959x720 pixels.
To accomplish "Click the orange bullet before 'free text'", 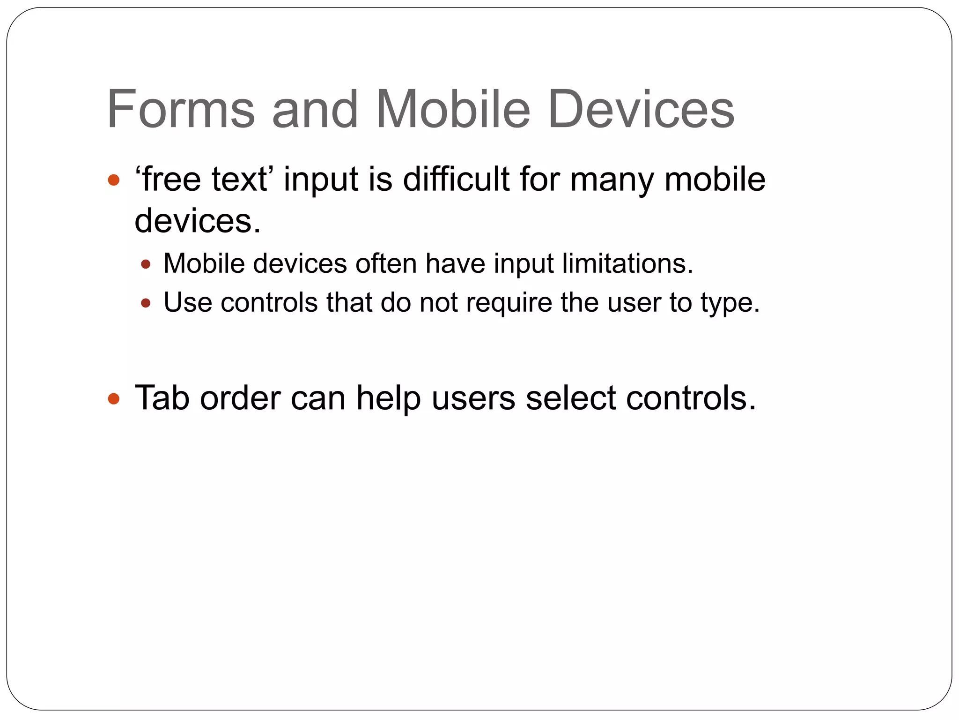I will click(114, 180).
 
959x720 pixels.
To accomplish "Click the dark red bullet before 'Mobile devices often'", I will click(146, 264).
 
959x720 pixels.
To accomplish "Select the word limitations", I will click(627, 263).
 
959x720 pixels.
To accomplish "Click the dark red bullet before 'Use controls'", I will click(146, 303).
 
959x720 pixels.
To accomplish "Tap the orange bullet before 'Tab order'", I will click(114, 399).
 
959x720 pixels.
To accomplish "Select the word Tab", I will click(162, 398).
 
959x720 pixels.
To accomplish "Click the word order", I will click(240, 398).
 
